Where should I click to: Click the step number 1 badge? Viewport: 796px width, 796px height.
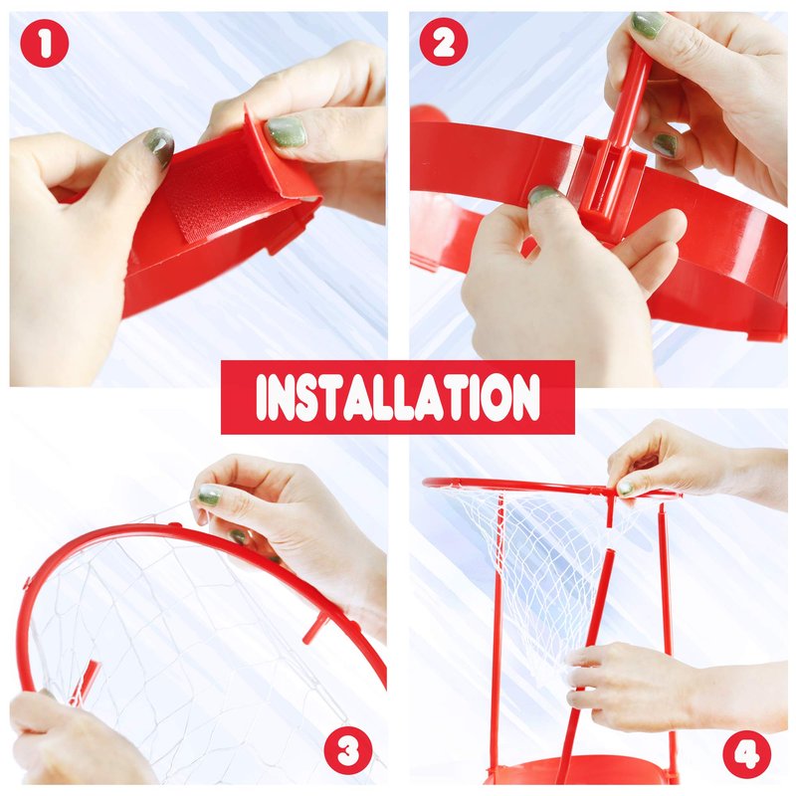pyautogui.click(x=45, y=44)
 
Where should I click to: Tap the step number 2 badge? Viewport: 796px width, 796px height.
pyautogui.click(x=444, y=42)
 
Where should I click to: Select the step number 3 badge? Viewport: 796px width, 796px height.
pyautogui.click(x=348, y=750)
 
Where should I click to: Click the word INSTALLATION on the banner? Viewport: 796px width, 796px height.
pyautogui.click(x=398, y=397)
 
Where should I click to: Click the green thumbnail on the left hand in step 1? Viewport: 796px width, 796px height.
pyautogui.click(x=159, y=145)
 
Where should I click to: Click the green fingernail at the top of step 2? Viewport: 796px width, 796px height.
pyautogui.click(x=648, y=25)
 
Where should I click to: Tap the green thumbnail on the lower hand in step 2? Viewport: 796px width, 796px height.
pyautogui.click(x=543, y=194)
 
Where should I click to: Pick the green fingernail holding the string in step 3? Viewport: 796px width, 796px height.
pyautogui.click(x=209, y=495)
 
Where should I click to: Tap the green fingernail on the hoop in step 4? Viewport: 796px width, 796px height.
pyautogui.click(x=626, y=488)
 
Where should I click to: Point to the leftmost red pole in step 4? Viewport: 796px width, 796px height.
pyautogui.click(x=498, y=635)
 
